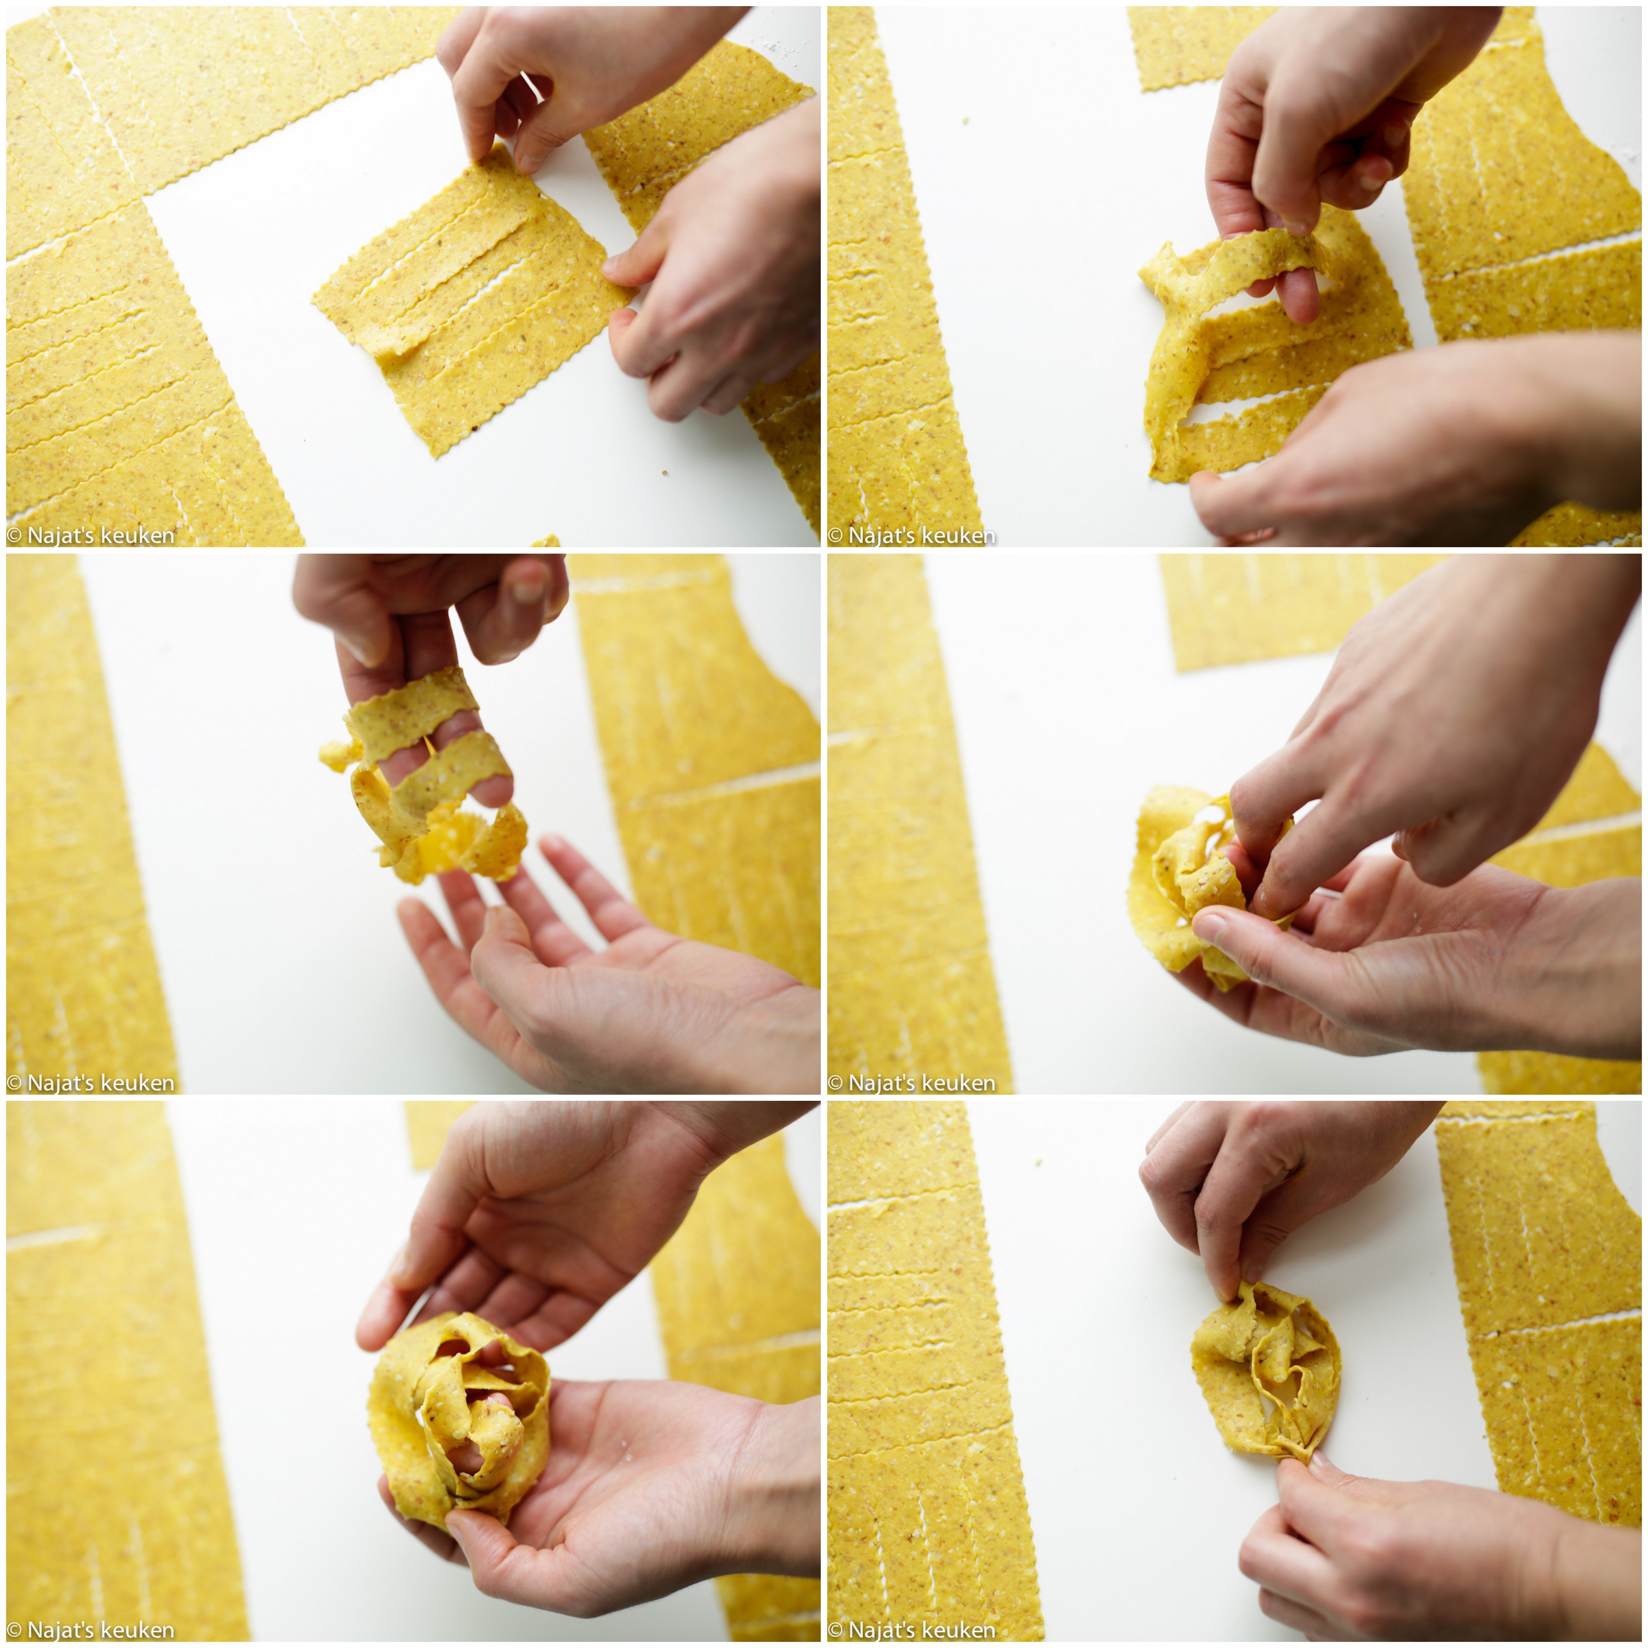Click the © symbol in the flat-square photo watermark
14,536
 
